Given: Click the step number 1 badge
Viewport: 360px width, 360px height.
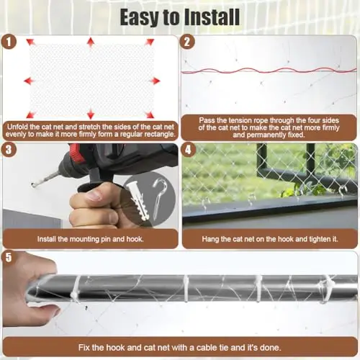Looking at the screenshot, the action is point(9,42).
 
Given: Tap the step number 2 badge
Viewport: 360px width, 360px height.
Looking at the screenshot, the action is point(187,42).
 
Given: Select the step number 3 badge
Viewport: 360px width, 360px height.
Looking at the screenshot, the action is point(9,150).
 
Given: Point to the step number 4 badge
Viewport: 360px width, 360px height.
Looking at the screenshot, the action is point(188,150).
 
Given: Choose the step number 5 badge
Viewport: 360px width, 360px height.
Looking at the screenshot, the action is point(9,257).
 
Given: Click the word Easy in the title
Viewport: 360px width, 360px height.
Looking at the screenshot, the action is point(139,17).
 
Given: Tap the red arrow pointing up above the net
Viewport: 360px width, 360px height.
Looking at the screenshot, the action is point(91,42).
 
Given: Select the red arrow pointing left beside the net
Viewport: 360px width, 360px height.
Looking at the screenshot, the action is point(29,81).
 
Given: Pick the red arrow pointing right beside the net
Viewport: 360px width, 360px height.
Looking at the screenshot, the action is point(155,81).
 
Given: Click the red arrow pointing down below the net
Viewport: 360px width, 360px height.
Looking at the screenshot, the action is point(91,114).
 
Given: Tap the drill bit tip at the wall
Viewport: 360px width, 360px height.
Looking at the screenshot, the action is point(33,184).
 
